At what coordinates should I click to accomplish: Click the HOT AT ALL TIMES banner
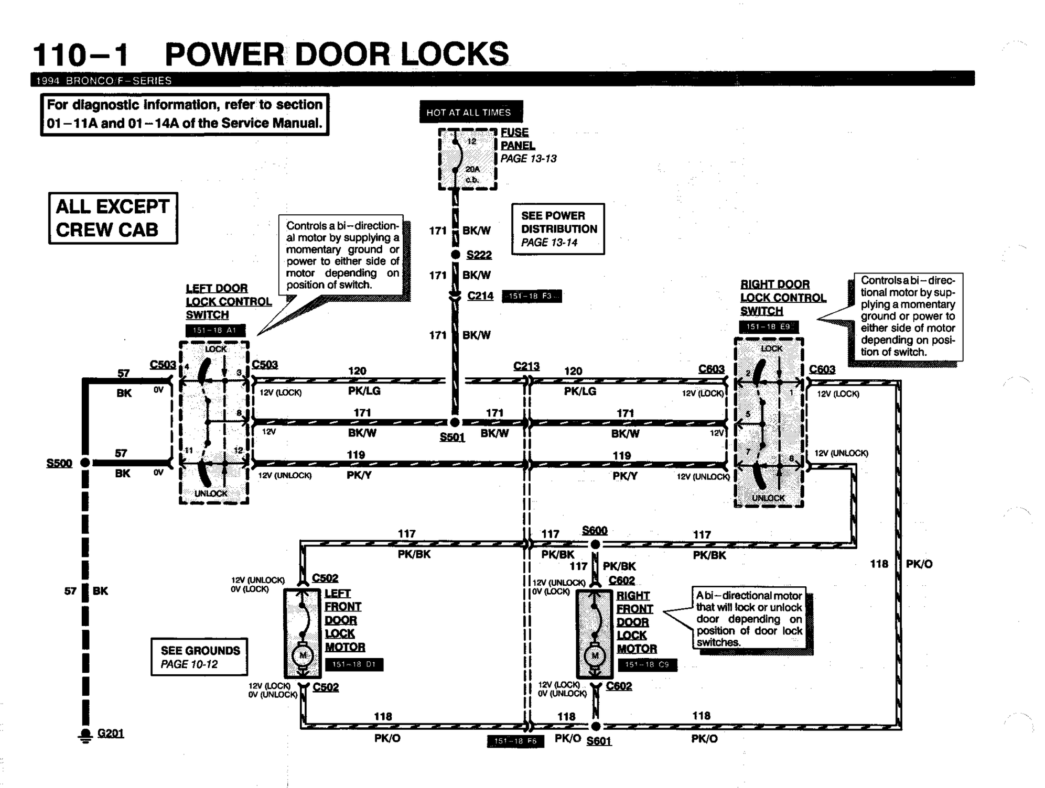pyautogui.click(x=470, y=112)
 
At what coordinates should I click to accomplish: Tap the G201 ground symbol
pyautogui.click(x=85, y=736)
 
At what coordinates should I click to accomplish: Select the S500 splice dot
pyautogui.click(x=85, y=463)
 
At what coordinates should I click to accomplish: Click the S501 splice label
pyautogui.click(x=452, y=437)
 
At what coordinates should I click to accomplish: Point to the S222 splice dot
pyautogui.click(x=456, y=255)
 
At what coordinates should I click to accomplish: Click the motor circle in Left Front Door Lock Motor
pyautogui.click(x=303, y=655)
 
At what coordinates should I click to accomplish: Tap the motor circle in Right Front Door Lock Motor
pyautogui.click(x=595, y=655)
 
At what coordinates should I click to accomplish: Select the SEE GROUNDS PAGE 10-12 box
pyautogui.click(x=199, y=657)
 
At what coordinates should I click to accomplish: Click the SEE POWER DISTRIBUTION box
pyautogui.click(x=558, y=229)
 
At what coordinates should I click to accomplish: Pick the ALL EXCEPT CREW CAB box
pyautogui.click(x=113, y=218)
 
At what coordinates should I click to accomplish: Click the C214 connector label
pyautogui.click(x=480, y=296)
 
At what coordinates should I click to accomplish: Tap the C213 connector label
pyautogui.click(x=526, y=366)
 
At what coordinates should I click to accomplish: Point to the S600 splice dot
pyautogui.click(x=595, y=544)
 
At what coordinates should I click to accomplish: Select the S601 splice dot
pyautogui.click(x=596, y=727)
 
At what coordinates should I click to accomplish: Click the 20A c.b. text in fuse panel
pyautogui.click(x=472, y=174)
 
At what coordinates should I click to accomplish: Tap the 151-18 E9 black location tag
pyautogui.click(x=769, y=327)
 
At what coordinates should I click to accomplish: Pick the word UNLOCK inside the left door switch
pyautogui.click(x=211, y=494)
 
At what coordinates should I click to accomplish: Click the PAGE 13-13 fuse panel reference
pyautogui.click(x=528, y=159)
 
